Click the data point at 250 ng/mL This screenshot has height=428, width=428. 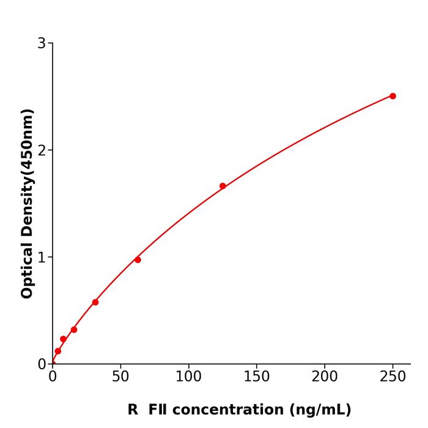click(x=393, y=96)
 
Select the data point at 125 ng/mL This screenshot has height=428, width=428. click(x=223, y=186)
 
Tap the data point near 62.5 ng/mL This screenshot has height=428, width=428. click(x=138, y=260)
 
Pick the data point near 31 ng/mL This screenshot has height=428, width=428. click(x=95, y=302)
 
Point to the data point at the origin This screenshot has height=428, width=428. click(x=53, y=363)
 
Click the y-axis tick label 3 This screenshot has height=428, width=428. click(x=42, y=43)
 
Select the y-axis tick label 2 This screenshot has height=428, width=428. click(x=42, y=150)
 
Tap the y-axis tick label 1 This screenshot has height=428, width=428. click(x=42, y=257)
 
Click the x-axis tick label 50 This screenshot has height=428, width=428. click(x=120, y=377)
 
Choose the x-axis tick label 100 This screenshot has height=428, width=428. click(x=188, y=377)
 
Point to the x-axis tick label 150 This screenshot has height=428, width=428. click(x=256, y=377)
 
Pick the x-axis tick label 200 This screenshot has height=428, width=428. click(x=325, y=377)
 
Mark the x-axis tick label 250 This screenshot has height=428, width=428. click(x=393, y=377)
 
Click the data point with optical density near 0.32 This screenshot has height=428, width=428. click(x=74, y=330)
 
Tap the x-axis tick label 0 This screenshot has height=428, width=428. click(x=53, y=377)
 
